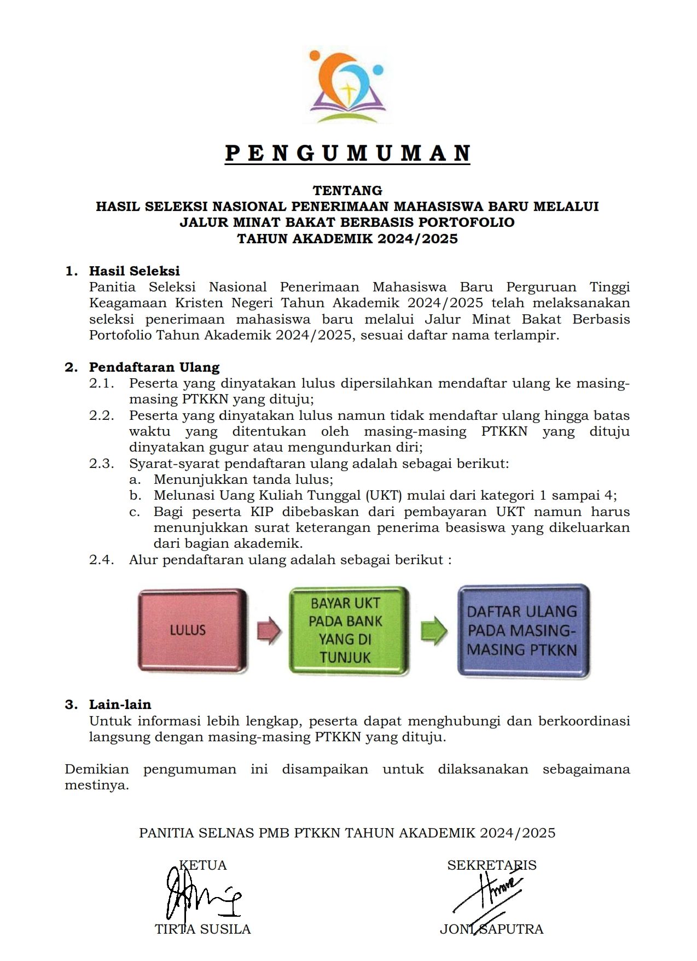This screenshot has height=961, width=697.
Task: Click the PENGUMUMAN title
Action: click(347, 153)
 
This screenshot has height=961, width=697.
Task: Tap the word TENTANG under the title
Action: click(347, 190)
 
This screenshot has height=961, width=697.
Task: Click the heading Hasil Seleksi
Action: click(135, 271)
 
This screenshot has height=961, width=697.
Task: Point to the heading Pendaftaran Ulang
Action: click(154, 367)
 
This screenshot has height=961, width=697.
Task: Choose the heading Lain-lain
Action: click(120, 704)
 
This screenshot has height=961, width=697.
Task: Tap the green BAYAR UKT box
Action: click(348, 630)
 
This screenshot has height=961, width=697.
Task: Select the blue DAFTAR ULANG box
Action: click(522, 630)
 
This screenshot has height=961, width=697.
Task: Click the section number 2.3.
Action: click(102, 464)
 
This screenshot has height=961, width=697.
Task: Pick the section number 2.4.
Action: click(102, 560)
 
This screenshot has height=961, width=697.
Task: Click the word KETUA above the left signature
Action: click(203, 865)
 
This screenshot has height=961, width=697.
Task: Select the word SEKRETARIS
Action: click(492, 865)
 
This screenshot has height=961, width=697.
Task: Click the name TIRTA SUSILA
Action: click(203, 929)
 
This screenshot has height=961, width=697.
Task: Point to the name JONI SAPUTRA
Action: click(492, 929)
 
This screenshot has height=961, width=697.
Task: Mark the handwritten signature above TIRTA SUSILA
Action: click(200, 896)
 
